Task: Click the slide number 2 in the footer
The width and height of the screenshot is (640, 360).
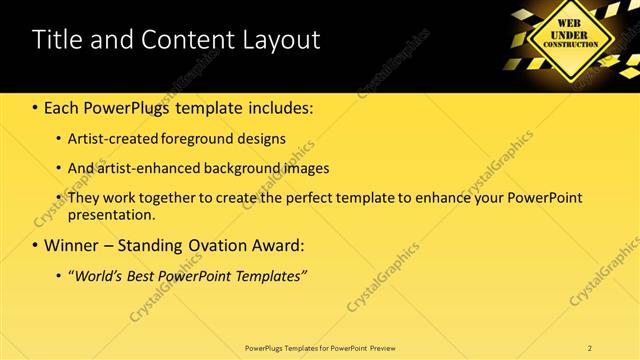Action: point(590,347)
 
